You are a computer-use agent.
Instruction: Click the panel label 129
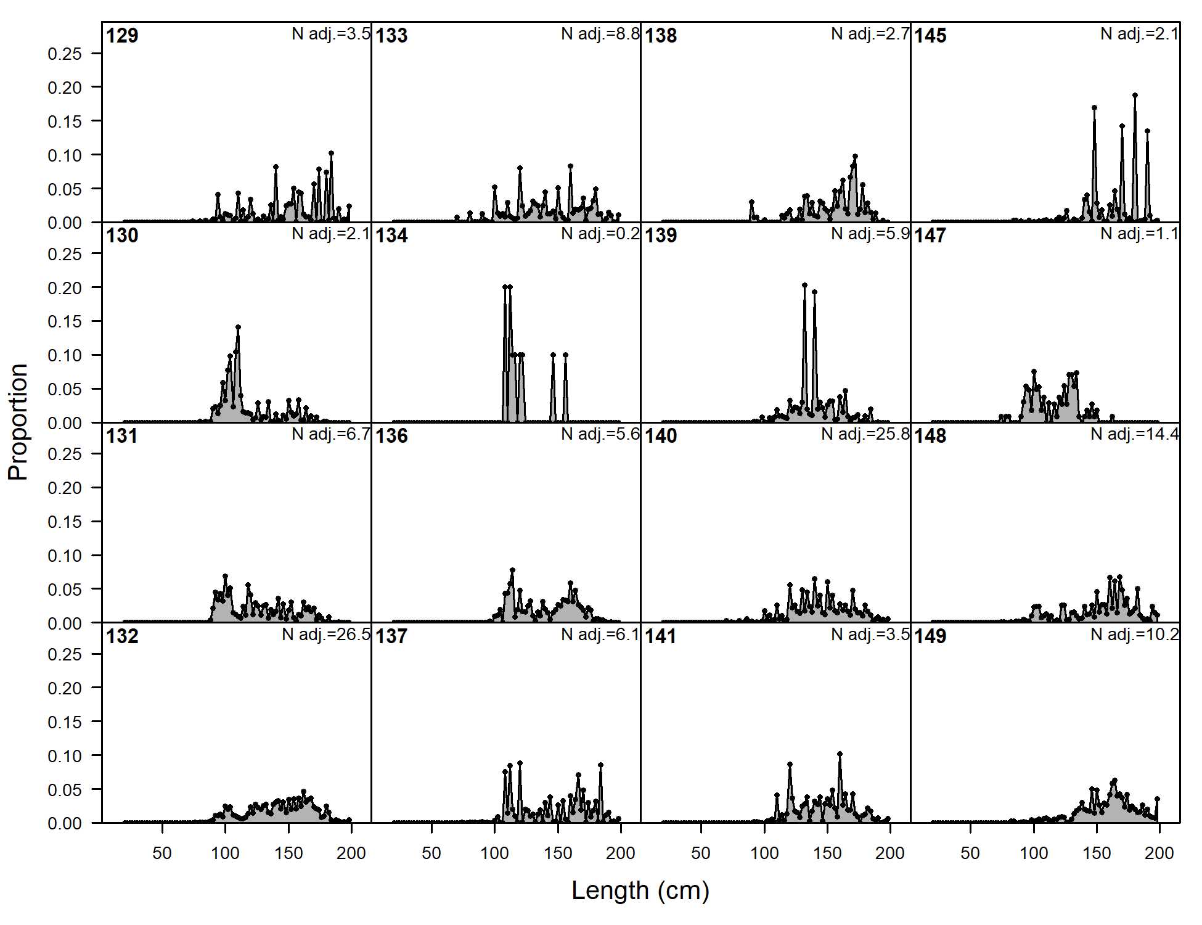pos(122,36)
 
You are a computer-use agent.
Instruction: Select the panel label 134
pos(391,236)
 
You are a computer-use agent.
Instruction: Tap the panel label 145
pos(930,36)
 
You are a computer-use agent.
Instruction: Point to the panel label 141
pos(661,636)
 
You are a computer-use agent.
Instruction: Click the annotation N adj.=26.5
pos(326,635)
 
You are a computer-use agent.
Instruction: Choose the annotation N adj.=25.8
pos(865,434)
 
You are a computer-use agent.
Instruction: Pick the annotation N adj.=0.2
pos(600,234)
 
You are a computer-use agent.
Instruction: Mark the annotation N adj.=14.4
pos(1134,434)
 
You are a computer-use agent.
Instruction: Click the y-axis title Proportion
pos(18,422)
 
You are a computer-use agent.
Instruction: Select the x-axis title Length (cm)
pos(640,890)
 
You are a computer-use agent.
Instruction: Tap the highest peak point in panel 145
pos(1135,96)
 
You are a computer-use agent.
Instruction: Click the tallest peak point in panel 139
pos(804,286)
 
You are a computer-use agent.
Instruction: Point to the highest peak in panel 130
pos(238,327)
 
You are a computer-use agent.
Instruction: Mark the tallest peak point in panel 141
pos(840,754)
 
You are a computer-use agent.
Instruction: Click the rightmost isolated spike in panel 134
pos(565,355)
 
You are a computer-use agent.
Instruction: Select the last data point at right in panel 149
pos(1157,799)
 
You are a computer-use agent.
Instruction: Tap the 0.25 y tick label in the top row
pos(65,54)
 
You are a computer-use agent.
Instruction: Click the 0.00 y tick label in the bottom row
pos(65,823)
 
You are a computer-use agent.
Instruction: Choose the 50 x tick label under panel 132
pos(162,853)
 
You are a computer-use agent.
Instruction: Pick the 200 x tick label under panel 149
pos(1159,853)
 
